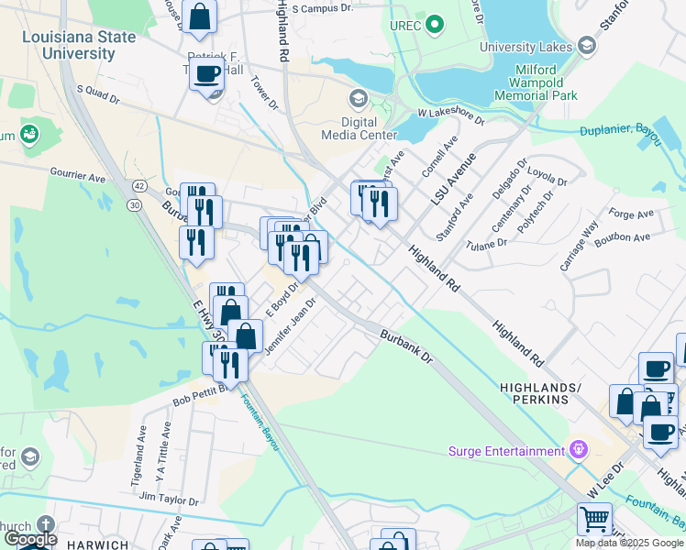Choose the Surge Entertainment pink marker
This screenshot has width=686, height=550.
coord(578,450)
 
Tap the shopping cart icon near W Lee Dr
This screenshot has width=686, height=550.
coord(594,520)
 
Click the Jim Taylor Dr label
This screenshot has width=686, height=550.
coord(169,500)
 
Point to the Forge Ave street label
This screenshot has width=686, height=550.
coord(630,214)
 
